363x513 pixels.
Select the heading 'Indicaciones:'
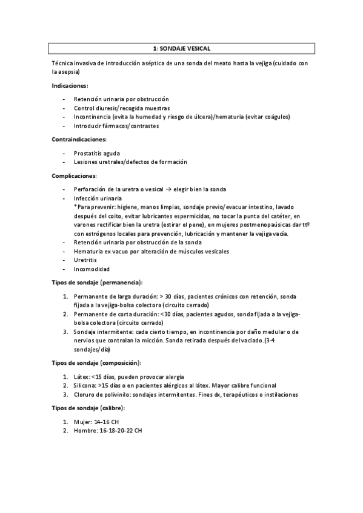(x=70, y=85)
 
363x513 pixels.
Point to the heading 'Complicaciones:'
(x=75, y=175)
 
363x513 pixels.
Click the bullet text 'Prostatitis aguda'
(x=97, y=152)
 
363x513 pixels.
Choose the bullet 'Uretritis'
(x=85, y=260)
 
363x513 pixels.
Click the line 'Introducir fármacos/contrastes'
(x=116, y=126)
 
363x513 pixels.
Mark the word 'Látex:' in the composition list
(x=83, y=376)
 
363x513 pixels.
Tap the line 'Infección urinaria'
(x=98, y=198)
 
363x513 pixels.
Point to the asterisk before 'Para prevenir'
(x=75, y=207)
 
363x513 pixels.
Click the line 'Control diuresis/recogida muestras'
(x=122, y=108)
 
